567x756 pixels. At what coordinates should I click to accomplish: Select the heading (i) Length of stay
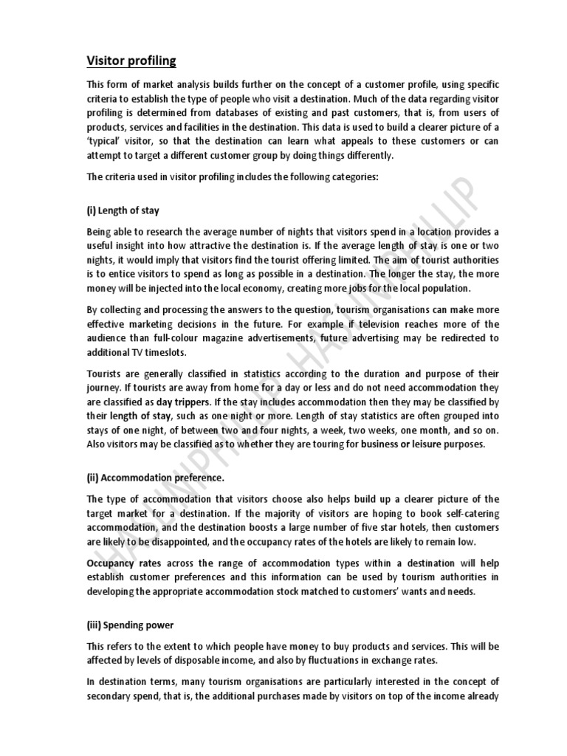123,210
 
